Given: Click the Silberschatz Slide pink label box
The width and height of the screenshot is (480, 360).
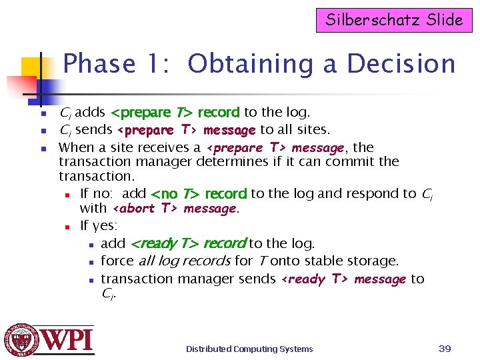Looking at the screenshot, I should click(x=394, y=19).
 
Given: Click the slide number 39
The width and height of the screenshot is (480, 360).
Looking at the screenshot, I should click(x=445, y=348).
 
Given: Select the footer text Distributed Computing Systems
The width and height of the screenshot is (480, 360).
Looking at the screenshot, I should click(x=249, y=349).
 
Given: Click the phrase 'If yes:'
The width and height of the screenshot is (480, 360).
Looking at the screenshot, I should click(x=99, y=226).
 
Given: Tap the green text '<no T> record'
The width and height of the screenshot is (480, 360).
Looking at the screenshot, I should click(x=199, y=194).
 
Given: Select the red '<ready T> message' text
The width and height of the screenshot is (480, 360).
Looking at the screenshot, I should click(x=343, y=279).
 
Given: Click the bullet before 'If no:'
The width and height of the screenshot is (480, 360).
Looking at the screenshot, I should click(x=67, y=195).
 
